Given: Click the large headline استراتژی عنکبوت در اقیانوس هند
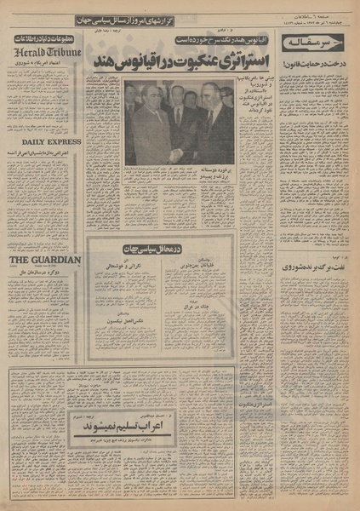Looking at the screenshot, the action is click(181, 61).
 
